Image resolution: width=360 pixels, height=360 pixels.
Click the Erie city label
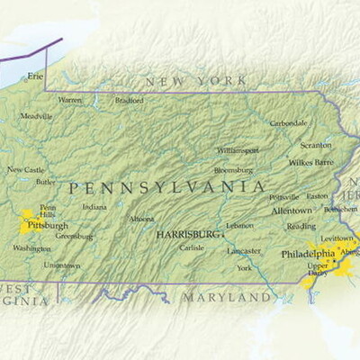click(35, 76)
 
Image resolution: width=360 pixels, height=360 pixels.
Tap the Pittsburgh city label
click(49, 225)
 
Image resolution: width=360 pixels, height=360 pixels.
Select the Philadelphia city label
click(308, 254)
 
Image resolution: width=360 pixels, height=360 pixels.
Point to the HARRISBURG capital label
click(187, 233)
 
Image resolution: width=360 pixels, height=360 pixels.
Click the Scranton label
click(315, 145)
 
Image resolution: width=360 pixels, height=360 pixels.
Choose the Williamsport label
click(238, 150)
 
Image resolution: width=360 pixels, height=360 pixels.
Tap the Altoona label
click(141, 219)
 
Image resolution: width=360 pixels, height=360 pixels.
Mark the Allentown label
click(292, 211)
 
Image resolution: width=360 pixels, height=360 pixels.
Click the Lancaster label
click(244, 250)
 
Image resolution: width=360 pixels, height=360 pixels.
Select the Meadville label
click(37, 116)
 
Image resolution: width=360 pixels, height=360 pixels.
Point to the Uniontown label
click(62, 265)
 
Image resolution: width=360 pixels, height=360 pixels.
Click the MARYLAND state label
click(227, 297)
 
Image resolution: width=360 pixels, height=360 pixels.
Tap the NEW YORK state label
click(196, 81)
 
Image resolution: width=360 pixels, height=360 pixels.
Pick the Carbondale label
click(289, 123)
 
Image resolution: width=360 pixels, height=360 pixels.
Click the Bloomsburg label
click(233, 170)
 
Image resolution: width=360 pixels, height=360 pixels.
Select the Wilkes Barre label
click(311, 163)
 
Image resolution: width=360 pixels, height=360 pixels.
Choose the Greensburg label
click(75, 237)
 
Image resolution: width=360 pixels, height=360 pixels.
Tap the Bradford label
click(129, 101)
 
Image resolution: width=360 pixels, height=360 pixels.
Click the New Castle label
click(25, 169)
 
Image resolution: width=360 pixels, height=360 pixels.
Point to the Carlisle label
click(192, 247)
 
